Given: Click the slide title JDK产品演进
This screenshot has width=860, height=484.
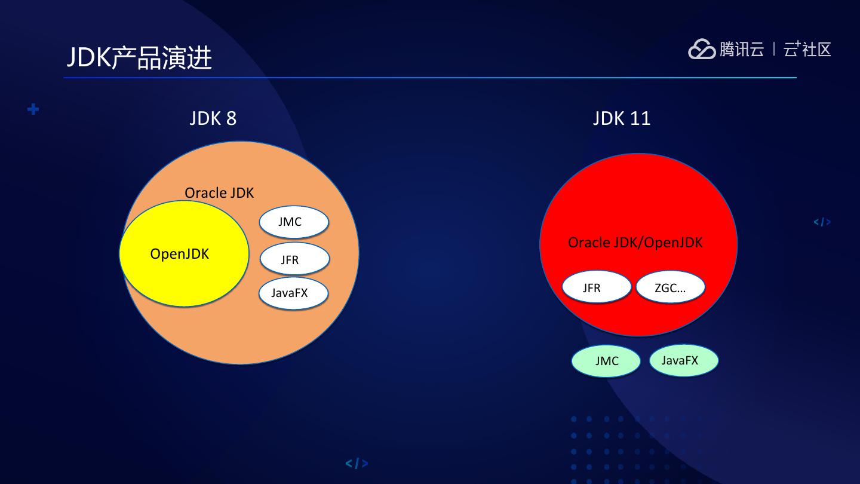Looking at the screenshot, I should pos(139,58).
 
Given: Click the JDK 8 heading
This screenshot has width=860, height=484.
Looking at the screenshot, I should pos(213,118).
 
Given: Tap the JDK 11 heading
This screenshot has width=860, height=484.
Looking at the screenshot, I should pos(622,118).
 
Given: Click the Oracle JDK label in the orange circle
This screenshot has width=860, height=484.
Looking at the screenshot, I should pos(219,193).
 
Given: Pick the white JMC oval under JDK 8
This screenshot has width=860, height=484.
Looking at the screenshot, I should pos(294,222).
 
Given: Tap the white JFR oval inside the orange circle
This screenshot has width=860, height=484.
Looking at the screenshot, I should pos(294,259).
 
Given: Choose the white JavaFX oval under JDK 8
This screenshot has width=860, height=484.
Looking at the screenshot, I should pos(293,293).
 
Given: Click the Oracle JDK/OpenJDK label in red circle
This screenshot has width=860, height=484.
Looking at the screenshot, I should pos(635,243).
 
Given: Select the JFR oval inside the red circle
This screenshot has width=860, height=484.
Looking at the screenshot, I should pos(596,287).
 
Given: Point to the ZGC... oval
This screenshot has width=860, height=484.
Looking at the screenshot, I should pos(670,287).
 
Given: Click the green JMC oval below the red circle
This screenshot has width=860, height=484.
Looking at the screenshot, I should pos(606,361).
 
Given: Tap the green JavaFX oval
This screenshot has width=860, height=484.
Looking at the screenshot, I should pos(683,360).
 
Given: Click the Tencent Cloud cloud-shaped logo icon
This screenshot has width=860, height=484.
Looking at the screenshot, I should pos(702,49).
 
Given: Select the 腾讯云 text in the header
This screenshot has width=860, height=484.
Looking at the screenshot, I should pos(741,49).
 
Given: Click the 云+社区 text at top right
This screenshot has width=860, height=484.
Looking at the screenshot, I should pos(807,49).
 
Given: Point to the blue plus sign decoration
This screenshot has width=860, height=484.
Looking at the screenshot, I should pos(33,109).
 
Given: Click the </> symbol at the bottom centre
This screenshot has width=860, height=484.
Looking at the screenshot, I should pos(357,463).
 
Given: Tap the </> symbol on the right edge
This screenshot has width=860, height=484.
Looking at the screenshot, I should pos(822,222).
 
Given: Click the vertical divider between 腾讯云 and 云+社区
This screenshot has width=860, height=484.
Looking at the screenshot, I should pos(774,49).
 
